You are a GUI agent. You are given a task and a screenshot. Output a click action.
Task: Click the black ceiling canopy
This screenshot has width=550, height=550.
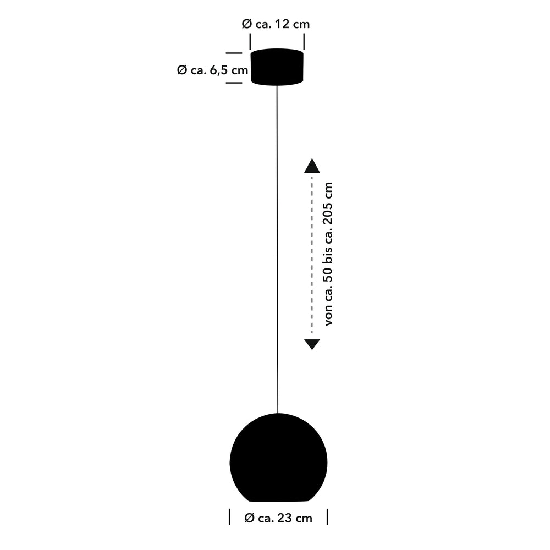coord(277,67)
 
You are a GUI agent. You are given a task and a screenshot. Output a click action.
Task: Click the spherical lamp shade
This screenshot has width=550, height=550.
coord(278,458)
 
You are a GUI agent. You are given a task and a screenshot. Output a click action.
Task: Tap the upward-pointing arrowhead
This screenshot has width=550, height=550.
coord(312,166)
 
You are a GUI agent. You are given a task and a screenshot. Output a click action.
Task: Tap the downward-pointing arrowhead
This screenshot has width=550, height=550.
coord(312,344)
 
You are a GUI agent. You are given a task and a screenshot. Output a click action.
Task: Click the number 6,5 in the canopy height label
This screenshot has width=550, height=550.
coord(219,70)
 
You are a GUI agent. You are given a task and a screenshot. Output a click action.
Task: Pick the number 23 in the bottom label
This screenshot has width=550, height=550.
coord(284,518)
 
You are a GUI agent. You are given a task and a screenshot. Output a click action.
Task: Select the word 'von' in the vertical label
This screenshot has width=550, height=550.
coord(328,315)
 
